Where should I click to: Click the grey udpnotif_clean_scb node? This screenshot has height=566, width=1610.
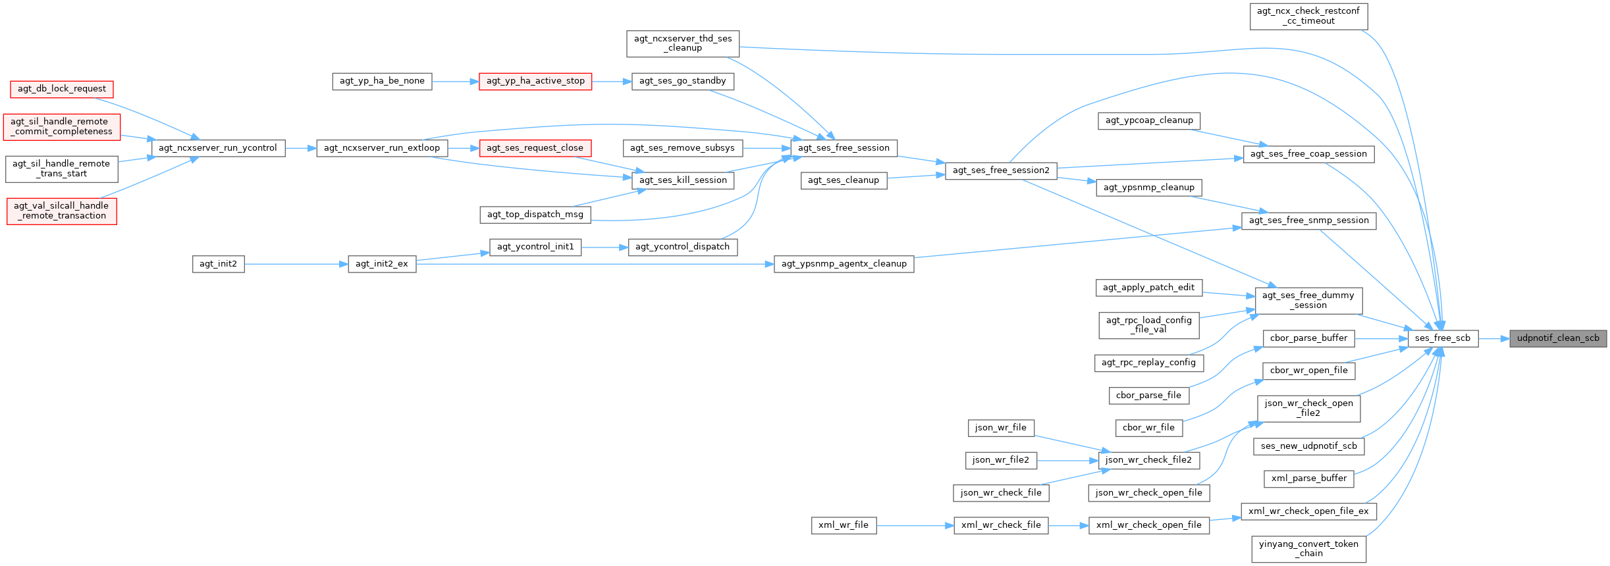coord(1558,338)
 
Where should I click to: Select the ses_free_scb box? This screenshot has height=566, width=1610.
coord(1442,338)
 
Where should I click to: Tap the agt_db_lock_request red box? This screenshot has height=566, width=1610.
coord(62,89)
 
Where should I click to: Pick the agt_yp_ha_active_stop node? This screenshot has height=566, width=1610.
coord(535,81)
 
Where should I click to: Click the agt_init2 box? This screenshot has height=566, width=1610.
coord(218,264)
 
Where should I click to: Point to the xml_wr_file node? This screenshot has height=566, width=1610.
coord(843,525)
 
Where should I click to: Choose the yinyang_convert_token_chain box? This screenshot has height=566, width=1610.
coord(1308,548)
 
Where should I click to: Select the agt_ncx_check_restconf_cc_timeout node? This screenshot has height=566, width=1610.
coord(1308,16)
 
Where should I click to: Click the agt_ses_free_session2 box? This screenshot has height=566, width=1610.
coord(1000,170)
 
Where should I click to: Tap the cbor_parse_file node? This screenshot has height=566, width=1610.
coord(1148,396)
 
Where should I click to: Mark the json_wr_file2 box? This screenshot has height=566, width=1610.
coord(1000,460)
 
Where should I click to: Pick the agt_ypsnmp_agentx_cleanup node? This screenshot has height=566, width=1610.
coord(844,264)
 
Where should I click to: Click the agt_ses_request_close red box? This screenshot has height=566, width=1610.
coord(535,148)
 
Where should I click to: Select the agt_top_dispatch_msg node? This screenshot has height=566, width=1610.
coord(535,215)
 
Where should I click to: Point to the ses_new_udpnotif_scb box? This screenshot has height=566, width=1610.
coord(1308,446)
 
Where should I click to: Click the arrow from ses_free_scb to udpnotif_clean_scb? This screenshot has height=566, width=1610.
coord(1493,338)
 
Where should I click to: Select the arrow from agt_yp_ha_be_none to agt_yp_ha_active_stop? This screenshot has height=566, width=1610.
coord(455,81)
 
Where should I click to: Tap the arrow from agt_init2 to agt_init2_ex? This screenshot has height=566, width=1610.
coord(296,264)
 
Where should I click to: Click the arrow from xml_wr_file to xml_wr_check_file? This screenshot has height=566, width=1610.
coord(915,525)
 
